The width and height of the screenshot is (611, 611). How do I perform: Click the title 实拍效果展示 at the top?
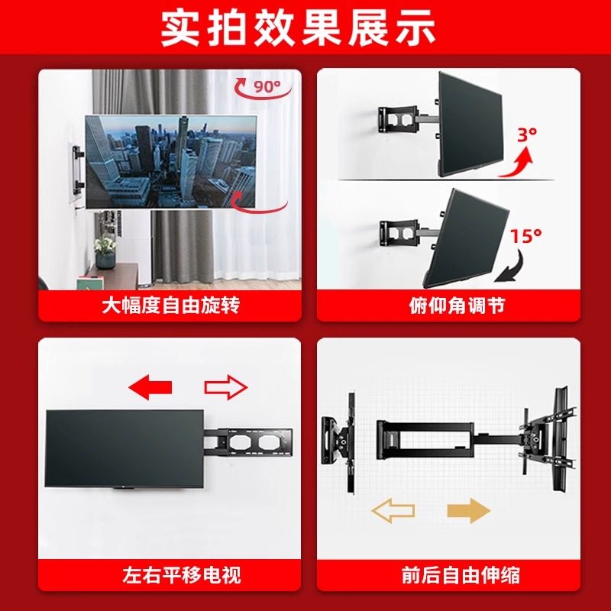click(305, 29)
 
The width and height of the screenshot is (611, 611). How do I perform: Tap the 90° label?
click(267, 86)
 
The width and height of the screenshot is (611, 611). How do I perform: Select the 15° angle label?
click(525, 236)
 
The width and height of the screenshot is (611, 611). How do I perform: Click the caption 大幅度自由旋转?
click(170, 305)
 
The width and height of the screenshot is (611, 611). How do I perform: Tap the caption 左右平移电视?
click(170, 574)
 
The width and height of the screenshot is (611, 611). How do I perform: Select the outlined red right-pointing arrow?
click(226, 387)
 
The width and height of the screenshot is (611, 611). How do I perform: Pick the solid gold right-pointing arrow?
click(467, 509)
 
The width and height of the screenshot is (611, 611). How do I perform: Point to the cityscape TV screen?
click(170, 160)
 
